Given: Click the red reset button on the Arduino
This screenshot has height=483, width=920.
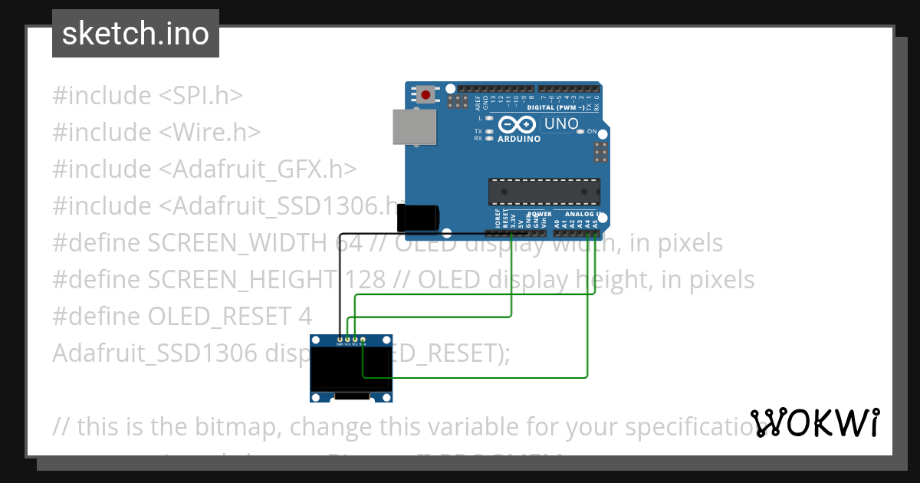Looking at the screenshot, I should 426,96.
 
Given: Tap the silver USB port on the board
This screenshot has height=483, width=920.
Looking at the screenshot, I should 413,127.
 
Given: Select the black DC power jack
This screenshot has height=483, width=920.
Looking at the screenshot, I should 418,217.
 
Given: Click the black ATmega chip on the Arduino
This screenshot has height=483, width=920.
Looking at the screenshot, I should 544,192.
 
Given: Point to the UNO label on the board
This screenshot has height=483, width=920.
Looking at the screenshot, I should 561,123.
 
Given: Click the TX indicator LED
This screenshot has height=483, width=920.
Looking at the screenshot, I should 488,131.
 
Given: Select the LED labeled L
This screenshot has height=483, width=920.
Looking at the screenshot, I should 488,118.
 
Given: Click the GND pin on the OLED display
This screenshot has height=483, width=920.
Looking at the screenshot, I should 340,339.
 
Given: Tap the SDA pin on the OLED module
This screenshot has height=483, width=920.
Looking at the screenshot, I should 363,339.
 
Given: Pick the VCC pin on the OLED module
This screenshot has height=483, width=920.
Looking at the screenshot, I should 347,339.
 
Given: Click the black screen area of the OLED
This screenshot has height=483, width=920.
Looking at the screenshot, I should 351,370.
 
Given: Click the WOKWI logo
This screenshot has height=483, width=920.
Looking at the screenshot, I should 814,422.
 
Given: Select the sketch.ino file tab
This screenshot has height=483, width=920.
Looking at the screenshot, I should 136,34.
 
